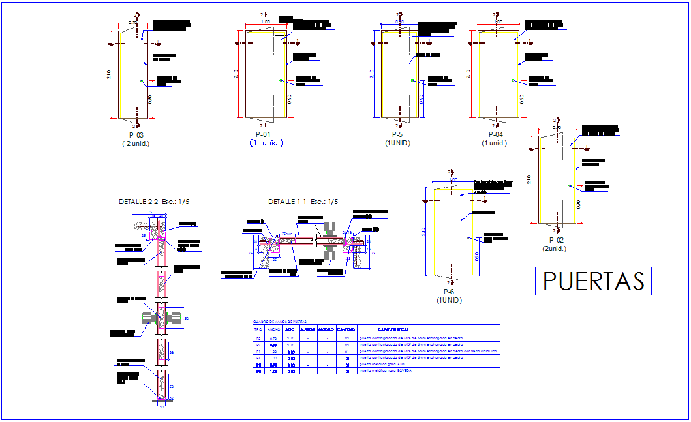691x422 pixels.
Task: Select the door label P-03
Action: click(136, 135)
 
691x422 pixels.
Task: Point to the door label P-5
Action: click(397, 135)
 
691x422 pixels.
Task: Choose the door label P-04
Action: click(494, 135)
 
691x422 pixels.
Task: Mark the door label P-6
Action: click(449, 292)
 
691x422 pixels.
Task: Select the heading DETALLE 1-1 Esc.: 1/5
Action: click(303, 202)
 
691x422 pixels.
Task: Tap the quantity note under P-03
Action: click(136, 143)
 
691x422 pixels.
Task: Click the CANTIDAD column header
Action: click(346, 329)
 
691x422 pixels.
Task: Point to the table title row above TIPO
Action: click(280, 322)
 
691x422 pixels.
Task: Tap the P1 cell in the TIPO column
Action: click(257, 352)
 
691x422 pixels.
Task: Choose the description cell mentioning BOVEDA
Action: click(385, 371)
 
